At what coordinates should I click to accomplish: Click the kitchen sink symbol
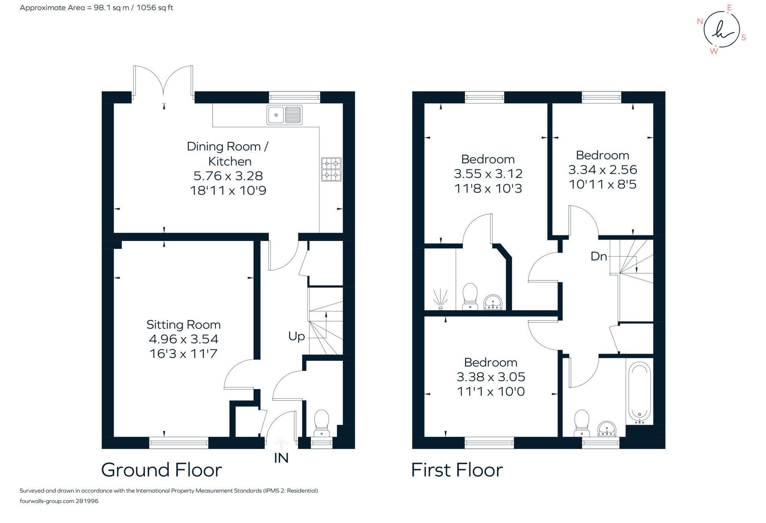click(x=284, y=115)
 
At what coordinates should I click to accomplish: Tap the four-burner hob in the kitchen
click(x=331, y=169)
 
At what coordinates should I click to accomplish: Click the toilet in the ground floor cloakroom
click(x=321, y=423)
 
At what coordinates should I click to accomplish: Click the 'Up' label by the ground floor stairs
click(x=296, y=336)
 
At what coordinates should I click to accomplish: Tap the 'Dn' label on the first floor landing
click(x=599, y=256)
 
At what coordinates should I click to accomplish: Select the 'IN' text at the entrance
click(x=281, y=458)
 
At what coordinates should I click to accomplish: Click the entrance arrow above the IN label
click(x=281, y=443)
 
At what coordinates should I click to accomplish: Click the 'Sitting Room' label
click(x=183, y=325)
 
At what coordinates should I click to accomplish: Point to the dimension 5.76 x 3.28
click(x=228, y=176)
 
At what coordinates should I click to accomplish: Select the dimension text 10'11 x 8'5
click(x=602, y=184)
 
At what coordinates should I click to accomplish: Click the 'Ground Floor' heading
click(x=161, y=470)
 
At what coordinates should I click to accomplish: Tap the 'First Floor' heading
click(x=457, y=470)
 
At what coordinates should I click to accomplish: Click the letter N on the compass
click(x=700, y=21)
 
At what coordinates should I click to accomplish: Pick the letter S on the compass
click(x=743, y=38)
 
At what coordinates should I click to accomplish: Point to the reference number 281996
click(x=87, y=501)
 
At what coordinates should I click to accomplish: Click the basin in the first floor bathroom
click(x=607, y=429)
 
